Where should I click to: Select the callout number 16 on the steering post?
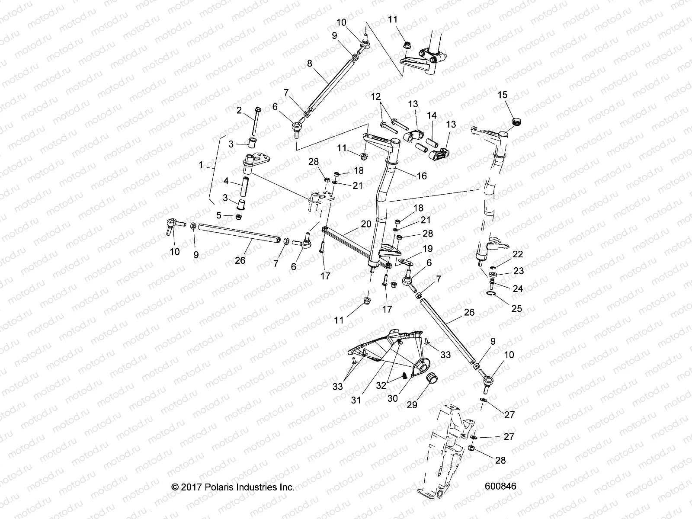point(422,176)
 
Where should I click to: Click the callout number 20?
point(366,224)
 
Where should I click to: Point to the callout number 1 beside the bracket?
point(201,165)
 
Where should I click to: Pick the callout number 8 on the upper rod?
point(309,64)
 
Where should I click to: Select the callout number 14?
point(432,116)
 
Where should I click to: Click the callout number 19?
point(428,249)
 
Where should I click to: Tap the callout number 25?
point(517,309)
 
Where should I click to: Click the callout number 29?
point(412,405)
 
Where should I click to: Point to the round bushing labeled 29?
point(431,379)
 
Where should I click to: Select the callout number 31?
point(356,400)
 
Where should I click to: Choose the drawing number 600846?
point(500,486)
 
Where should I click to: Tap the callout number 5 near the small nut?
point(219,215)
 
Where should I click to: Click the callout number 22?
point(518,254)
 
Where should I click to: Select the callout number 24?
point(518,288)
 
